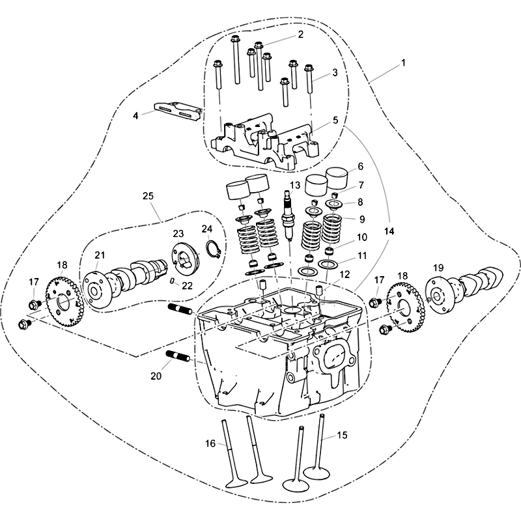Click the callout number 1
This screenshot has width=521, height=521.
click(x=403, y=63)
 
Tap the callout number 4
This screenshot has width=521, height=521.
click(x=135, y=116)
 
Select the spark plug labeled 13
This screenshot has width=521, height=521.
click(x=287, y=216)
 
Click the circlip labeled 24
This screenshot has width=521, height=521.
click(x=213, y=249)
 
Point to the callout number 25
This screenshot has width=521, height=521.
click(x=148, y=196)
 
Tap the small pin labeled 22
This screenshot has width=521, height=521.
click(x=172, y=281)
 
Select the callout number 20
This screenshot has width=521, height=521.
click(x=156, y=376)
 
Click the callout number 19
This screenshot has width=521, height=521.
click(x=438, y=268)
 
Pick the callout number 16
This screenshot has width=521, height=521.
click(x=210, y=444)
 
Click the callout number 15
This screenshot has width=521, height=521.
click(x=342, y=435)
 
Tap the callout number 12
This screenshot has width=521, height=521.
click(x=345, y=274)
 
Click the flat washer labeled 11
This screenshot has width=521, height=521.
click(x=328, y=264)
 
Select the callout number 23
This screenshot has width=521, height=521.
click(x=178, y=234)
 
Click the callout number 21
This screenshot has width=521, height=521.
click(x=100, y=255)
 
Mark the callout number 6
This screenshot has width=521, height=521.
click(x=361, y=166)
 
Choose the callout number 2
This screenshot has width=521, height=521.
click(x=300, y=35)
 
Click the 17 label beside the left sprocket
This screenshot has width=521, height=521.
click(x=34, y=282)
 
